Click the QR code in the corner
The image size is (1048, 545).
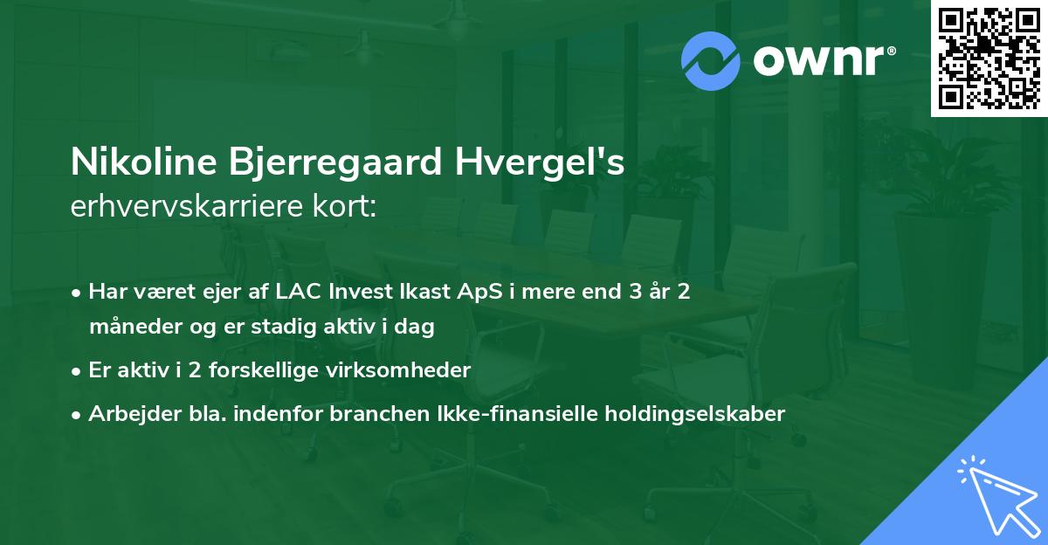click(989, 59)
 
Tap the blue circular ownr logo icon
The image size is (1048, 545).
click(711, 60)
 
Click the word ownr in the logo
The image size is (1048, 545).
click(824, 60)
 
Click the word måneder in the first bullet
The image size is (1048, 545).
click(128, 327)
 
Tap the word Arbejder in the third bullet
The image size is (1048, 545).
click(128, 414)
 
